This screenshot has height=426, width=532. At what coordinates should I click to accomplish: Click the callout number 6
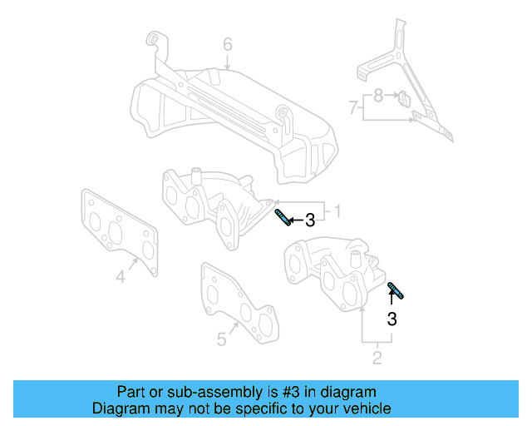coord(227,44)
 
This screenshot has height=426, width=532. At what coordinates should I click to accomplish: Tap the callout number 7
coord(353,106)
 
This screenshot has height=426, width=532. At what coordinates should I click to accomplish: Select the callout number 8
coord(378,96)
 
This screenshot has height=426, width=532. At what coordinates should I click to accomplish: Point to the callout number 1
coord(338,208)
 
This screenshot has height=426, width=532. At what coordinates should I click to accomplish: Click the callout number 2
coord(377,359)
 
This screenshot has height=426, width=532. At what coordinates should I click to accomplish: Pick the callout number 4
coord(120,276)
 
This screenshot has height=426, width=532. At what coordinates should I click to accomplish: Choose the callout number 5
coord(221,339)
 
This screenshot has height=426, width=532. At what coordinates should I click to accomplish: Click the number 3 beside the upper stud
coord(310,220)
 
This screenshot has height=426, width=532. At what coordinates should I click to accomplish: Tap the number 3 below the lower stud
coord(392,318)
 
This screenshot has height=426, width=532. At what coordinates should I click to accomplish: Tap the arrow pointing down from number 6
coord(227,61)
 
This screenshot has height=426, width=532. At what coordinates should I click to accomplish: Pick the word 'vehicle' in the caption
coord(367,409)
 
